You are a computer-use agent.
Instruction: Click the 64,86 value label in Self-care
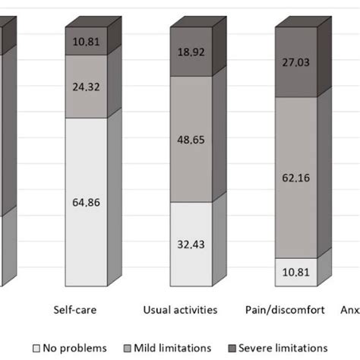[85, 204]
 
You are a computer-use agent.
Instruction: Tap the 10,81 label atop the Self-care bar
[85, 43]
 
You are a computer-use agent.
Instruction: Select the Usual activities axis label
[181, 310]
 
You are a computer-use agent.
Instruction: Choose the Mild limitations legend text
[173, 348]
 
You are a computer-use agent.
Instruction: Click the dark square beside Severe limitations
[231, 348]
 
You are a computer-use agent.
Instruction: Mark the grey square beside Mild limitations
[127, 348]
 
